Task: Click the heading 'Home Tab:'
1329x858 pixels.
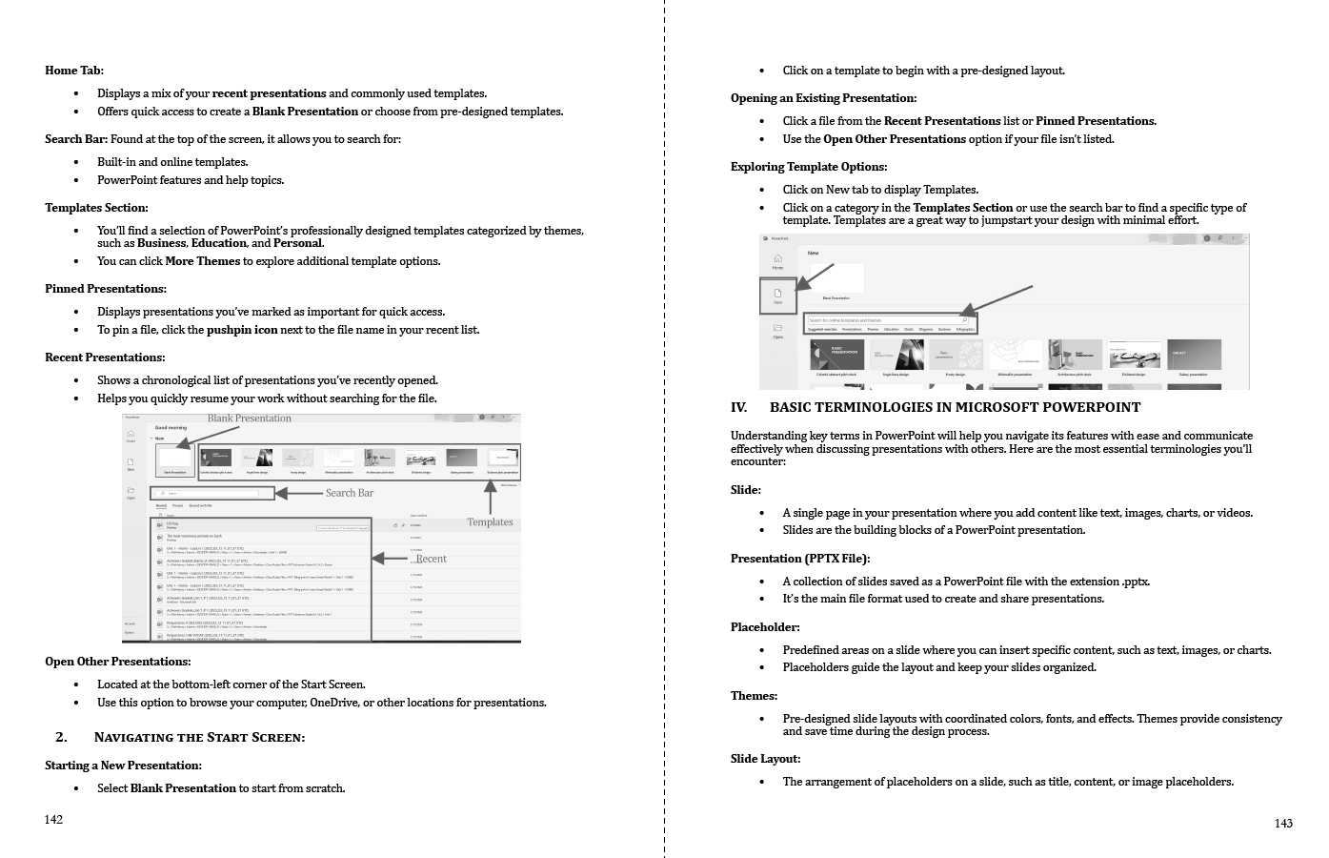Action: (x=74, y=71)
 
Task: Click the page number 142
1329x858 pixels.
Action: (x=54, y=820)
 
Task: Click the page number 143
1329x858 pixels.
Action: (x=1283, y=824)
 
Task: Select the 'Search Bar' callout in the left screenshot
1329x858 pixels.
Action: (x=350, y=493)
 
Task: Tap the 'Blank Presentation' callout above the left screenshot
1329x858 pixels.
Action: (x=250, y=419)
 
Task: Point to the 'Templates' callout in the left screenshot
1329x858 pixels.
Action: (x=490, y=522)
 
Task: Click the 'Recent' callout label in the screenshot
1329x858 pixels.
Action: (x=432, y=559)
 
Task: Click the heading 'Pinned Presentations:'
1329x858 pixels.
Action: (x=106, y=289)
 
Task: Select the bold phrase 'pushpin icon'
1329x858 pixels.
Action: (x=242, y=330)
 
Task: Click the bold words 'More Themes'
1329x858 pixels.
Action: (x=203, y=261)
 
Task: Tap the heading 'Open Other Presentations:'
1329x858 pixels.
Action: (x=118, y=662)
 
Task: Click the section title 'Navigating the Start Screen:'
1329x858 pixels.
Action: (x=199, y=737)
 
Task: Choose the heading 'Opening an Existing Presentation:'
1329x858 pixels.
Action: (x=823, y=98)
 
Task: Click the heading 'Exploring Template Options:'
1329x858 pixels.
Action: (x=809, y=167)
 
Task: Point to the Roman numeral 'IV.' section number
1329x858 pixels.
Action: (x=739, y=408)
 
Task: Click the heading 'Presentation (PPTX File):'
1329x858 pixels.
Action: (x=800, y=559)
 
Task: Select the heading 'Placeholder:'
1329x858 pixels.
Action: (x=765, y=627)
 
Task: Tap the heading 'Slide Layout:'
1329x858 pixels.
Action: (x=765, y=759)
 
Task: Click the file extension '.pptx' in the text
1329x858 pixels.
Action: (x=1136, y=582)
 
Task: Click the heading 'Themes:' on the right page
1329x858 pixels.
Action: (x=754, y=696)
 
